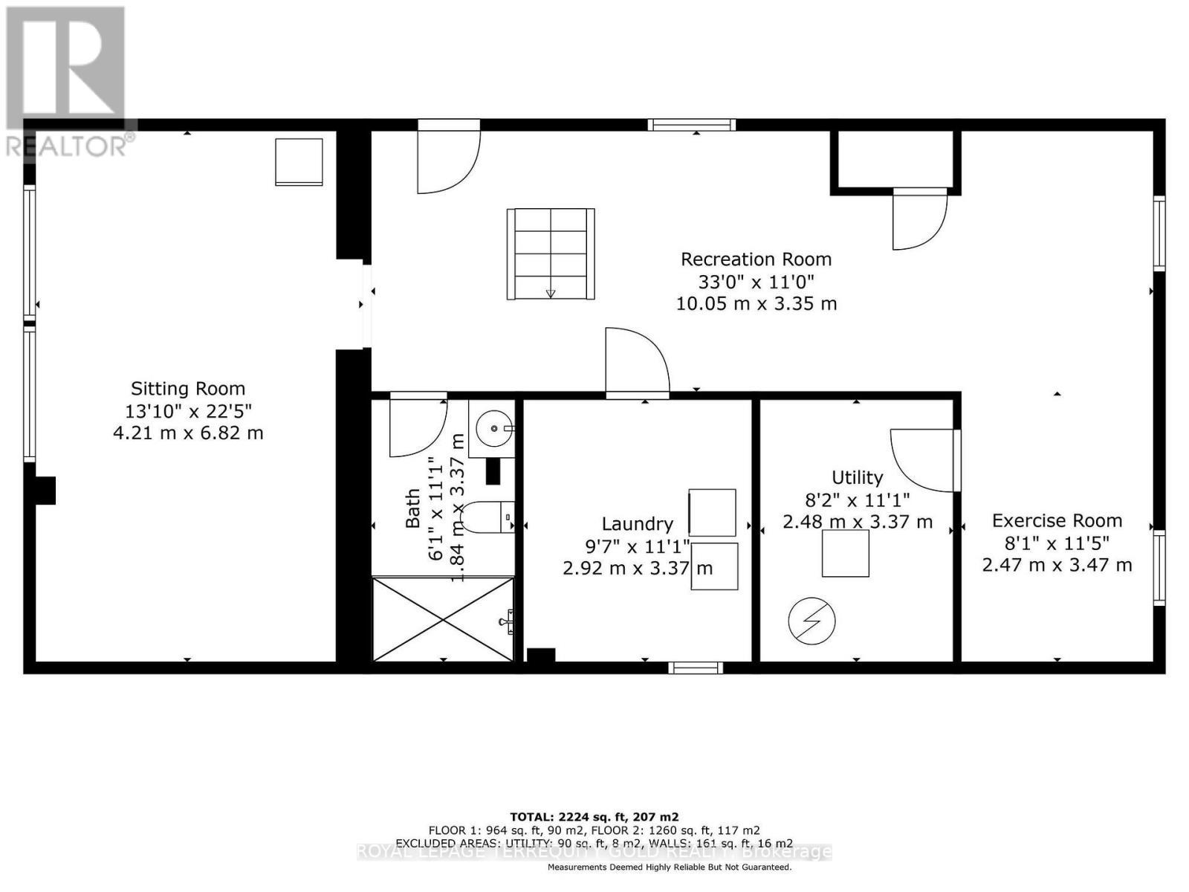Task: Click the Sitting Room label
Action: (x=188, y=389)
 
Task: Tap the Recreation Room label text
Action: (x=756, y=259)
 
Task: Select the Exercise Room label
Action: (x=1057, y=520)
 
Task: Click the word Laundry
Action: (x=638, y=524)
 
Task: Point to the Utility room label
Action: (x=857, y=477)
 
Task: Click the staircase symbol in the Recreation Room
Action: (x=551, y=254)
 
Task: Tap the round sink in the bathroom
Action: (x=493, y=429)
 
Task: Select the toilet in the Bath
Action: (x=487, y=517)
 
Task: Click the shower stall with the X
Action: (x=443, y=619)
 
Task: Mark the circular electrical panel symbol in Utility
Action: (x=811, y=621)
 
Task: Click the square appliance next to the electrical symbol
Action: (x=845, y=554)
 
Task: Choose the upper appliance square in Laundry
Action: (x=712, y=512)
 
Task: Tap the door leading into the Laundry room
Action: (x=636, y=362)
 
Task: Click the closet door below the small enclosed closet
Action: (x=919, y=220)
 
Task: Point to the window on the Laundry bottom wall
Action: (x=696, y=668)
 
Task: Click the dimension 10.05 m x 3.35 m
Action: (x=756, y=304)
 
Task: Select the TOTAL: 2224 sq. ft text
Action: (x=594, y=816)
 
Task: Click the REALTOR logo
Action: (x=67, y=82)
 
